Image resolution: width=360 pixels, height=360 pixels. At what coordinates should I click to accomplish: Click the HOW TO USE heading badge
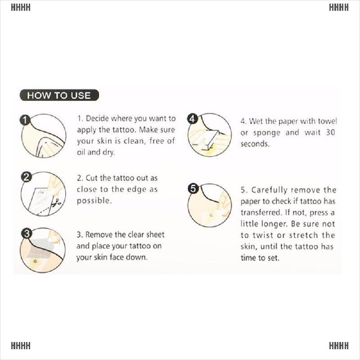[x=59, y=95]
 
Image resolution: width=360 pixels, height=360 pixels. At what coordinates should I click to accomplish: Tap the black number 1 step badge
[x=25, y=120]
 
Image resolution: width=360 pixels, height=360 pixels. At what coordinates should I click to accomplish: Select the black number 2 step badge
[x=26, y=177]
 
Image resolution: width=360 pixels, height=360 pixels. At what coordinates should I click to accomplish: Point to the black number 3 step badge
[x=27, y=234]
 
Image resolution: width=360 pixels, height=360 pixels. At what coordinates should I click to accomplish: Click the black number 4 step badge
[x=193, y=119]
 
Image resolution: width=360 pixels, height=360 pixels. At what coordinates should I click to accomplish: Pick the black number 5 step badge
[x=193, y=189]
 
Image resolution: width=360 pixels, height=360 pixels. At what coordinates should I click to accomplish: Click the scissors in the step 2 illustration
[x=56, y=202]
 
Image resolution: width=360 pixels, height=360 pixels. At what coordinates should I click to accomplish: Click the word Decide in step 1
[x=97, y=118]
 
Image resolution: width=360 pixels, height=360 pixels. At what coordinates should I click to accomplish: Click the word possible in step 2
[x=94, y=201]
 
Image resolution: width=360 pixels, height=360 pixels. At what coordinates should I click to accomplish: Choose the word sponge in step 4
[x=266, y=133]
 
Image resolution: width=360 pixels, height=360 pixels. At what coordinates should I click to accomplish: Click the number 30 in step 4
[x=330, y=132]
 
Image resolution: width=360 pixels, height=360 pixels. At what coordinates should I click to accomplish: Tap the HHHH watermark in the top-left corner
[x=21, y=7]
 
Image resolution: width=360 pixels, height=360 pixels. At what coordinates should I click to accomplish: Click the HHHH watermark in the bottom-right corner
[x=339, y=346]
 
